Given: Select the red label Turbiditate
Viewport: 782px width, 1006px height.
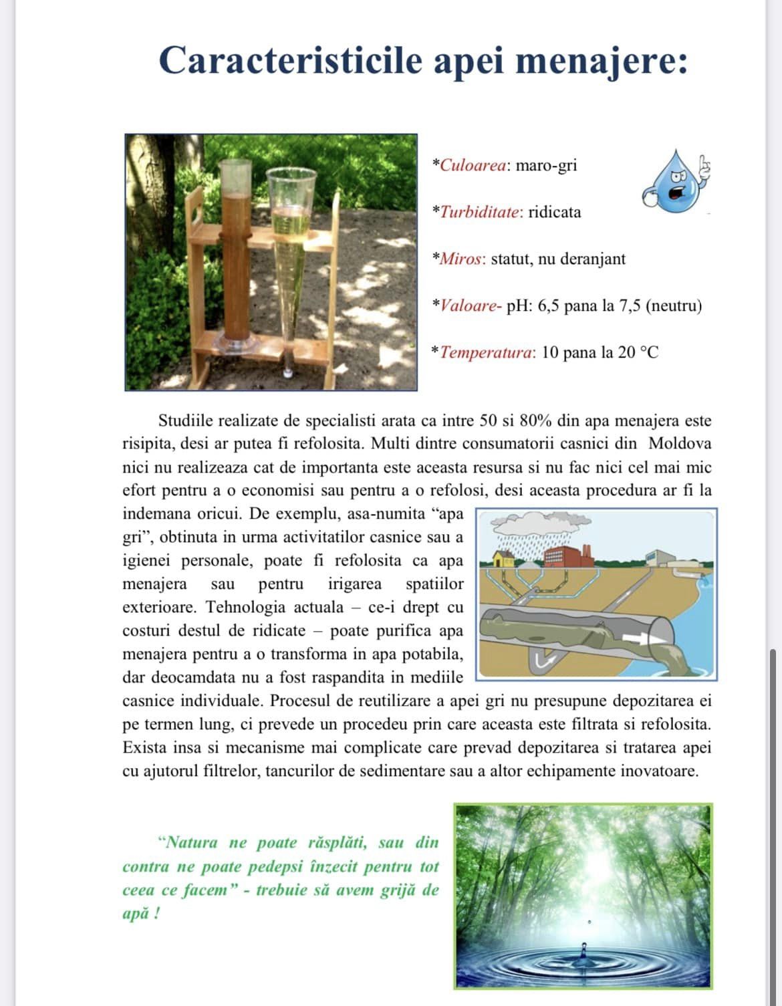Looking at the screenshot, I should click(x=480, y=212).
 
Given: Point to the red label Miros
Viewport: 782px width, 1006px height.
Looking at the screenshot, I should click(x=461, y=259).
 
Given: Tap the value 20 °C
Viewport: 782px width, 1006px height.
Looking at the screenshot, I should click(x=638, y=352).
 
